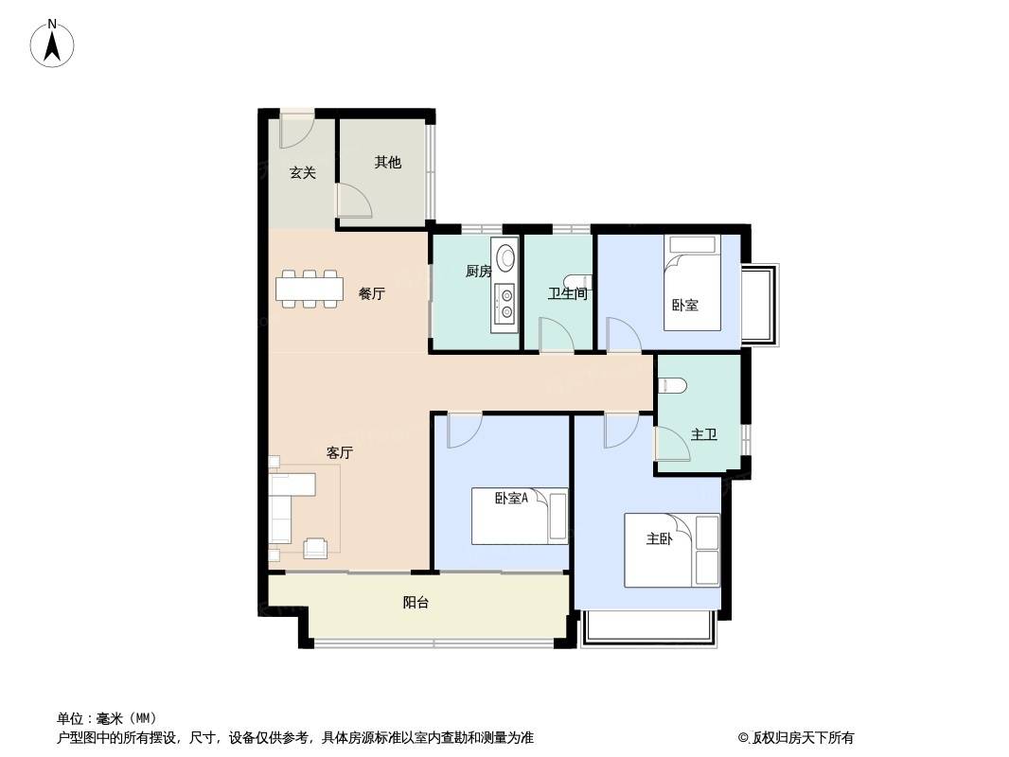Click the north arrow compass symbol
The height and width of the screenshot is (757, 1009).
[x=52, y=44]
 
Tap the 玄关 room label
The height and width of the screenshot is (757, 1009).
[x=303, y=172]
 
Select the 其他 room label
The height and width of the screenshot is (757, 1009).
[x=388, y=162]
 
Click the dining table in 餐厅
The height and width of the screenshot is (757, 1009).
[x=308, y=289]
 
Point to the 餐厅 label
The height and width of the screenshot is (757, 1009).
[x=372, y=294]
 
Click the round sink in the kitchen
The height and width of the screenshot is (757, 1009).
[x=505, y=256]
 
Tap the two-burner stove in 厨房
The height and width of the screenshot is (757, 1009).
[x=504, y=304]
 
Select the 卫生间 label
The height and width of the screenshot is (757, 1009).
[x=568, y=294]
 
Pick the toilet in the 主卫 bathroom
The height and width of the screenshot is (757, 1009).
[x=672, y=385]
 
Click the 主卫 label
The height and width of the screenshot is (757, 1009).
[x=704, y=434]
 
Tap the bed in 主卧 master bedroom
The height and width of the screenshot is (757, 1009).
[x=672, y=550]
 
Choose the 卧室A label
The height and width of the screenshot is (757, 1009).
[x=511, y=498]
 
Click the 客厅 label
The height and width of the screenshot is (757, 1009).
[x=340, y=453]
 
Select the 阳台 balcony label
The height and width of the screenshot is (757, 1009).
[x=416, y=603]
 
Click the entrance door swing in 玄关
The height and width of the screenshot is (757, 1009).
[x=296, y=130]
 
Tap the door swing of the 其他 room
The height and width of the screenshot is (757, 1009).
[x=355, y=200]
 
